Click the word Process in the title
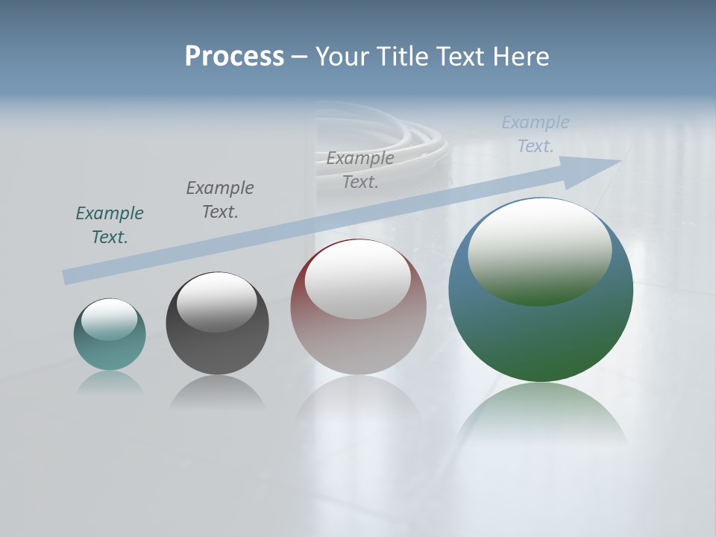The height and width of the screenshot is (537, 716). [x=234, y=57]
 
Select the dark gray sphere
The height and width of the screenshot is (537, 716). [x=217, y=351]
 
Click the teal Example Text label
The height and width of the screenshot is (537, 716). [x=110, y=224]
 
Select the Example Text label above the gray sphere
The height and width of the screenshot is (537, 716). [x=220, y=199]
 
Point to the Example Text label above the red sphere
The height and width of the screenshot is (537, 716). [x=360, y=169]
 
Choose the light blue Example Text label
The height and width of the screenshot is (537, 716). [x=535, y=134]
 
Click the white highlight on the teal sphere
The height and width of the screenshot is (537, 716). [x=110, y=319]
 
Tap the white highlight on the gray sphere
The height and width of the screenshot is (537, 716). [x=217, y=302]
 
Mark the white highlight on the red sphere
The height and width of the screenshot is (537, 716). [x=358, y=280]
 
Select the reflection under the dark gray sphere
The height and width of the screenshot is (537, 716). [x=217, y=393]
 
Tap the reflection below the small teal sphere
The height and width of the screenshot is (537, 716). [x=110, y=382]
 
